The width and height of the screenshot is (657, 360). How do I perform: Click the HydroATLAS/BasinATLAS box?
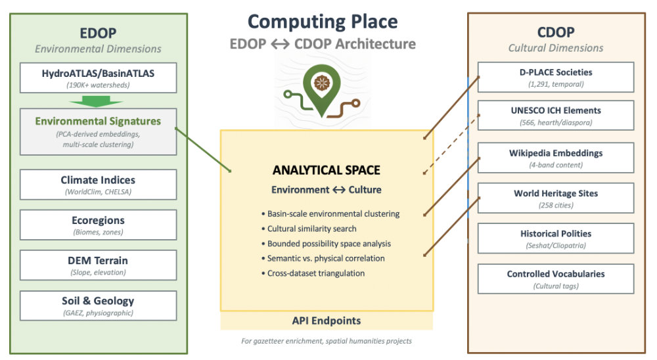(x=98, y=78)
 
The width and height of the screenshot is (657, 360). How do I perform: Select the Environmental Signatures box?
(x=98, y=131)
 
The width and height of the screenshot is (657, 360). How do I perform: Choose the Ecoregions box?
(x=98, y=225)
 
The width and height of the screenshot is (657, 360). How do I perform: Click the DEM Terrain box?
(x=98, y=265)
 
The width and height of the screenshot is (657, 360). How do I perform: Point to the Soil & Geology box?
(x=98, y=305)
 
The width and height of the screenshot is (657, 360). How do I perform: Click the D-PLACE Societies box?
(x=556, y=77)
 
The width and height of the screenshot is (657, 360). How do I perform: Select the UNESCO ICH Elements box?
(x=556, y=116)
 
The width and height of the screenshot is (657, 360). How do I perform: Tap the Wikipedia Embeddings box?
(x=556, y=158)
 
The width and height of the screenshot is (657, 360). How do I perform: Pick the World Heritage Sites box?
(x=556, y=198)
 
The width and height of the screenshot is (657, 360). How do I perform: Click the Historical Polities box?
(x=556, y=238)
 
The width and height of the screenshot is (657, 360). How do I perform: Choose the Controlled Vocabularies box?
(x=556, y=279)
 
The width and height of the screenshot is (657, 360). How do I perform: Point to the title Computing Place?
(x=323, y=22)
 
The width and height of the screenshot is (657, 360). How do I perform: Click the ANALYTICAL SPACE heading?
(x=327, y=170)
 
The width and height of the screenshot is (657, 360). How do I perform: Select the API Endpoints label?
(x=327, y=321)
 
